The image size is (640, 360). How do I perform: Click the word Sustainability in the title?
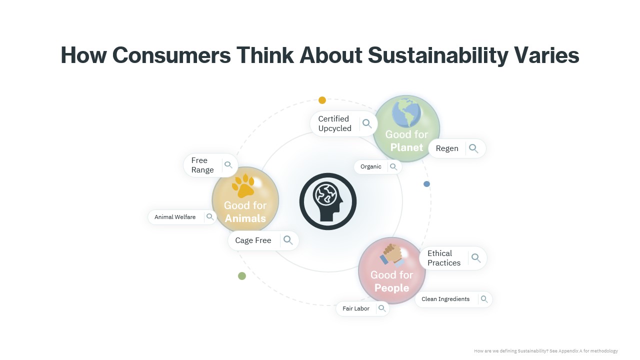[437, 55]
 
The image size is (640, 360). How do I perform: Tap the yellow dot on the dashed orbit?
[322, 100]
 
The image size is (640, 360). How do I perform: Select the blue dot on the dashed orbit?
[426, 184]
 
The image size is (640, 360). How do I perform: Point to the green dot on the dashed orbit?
[241, 276]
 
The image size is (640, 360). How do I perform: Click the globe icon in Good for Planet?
[406, 112]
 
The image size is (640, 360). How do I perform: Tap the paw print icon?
[243, 185]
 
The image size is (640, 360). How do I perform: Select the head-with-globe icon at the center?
[327, 201]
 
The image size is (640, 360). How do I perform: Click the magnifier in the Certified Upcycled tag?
[367, 123]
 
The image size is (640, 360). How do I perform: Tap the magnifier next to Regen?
[473, 148]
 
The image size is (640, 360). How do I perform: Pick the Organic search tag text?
[370, 166]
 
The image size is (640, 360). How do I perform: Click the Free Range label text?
[202, 165]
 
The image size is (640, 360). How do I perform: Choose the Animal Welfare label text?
[175, 217]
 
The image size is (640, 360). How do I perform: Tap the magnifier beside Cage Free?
[288, 240]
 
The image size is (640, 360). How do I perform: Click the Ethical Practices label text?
[444, 258]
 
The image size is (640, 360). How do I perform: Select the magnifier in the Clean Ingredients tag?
[484, 299]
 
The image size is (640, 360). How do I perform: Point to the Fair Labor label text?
[355, 308]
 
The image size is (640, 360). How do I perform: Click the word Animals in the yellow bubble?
[245, 218]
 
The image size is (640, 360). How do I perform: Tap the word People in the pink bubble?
[391, 288]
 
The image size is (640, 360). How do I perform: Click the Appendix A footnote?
[545, 351]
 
